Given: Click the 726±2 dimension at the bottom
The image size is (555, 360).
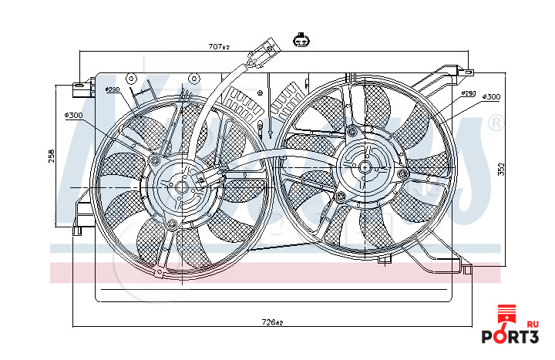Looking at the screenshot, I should (x=273, y=322).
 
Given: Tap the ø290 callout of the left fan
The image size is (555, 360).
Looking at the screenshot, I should (x=113, y=90).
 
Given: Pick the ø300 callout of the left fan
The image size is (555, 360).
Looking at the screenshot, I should (x=74, y=116).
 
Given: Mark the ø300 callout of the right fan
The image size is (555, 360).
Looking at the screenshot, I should (x=491, y=97).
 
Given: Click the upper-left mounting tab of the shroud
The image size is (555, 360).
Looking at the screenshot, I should (x=79, y=88).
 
